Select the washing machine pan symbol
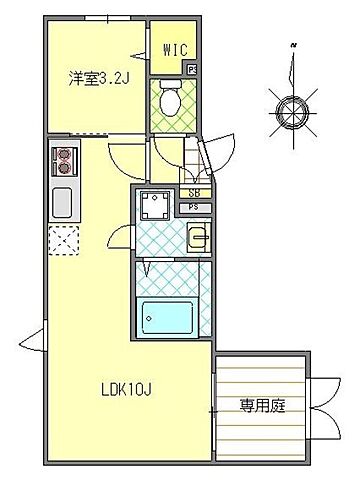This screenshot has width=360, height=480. [x=155, y=206]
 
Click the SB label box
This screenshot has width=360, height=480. [x=195, y=192]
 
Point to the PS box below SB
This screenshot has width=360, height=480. [x=195, y=208]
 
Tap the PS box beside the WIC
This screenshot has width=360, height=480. [x=192, y=71]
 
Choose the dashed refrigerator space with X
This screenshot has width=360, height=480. [x=63, y=241]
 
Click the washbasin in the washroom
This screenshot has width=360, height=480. [x=197, y=237]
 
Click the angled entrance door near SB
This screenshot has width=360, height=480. [x=203, y=160]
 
